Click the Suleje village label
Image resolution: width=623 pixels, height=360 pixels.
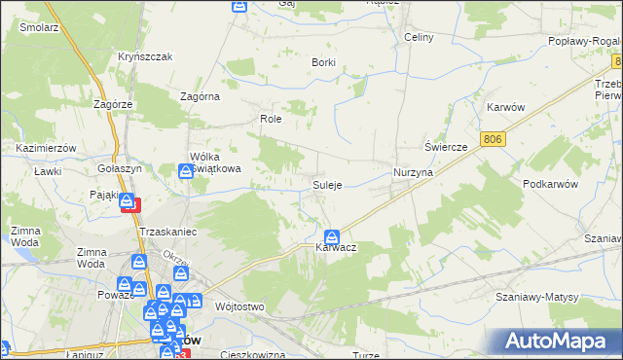click(326, 185)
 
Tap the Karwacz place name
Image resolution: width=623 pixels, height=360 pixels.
click(336, 249)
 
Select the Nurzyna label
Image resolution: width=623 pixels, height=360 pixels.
click(413, 171)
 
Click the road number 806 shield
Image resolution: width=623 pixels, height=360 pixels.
click(494, 140)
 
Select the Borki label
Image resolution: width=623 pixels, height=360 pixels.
click(323, 62)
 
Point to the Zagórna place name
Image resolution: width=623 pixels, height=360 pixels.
click(201, 96)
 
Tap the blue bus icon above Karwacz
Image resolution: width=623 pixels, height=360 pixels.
click(332, 236)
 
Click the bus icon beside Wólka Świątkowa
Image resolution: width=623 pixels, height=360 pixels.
click(186, 172)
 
